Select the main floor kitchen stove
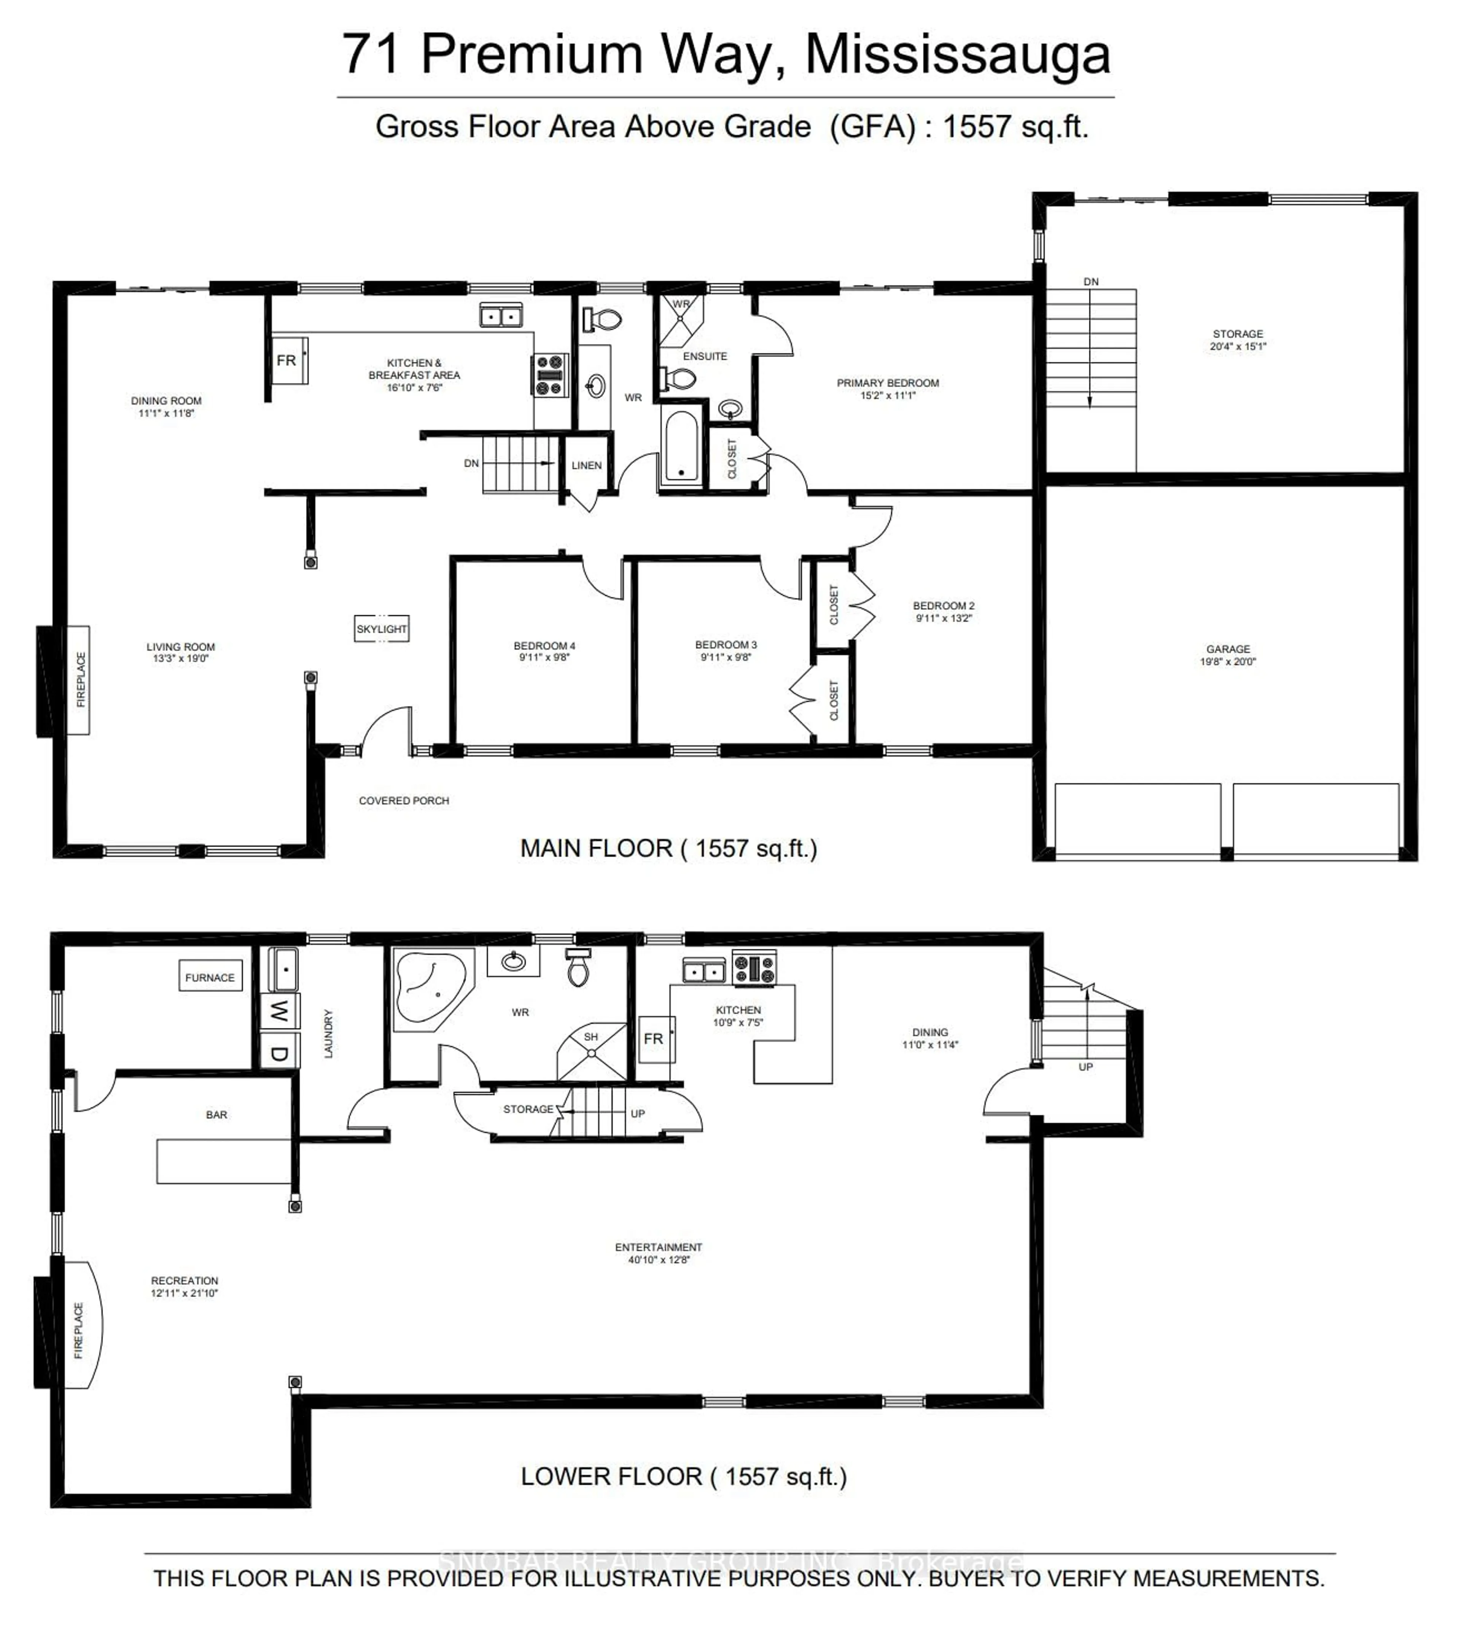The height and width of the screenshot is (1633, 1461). pos(551,375)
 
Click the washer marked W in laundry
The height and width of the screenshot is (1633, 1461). pos(279,1010)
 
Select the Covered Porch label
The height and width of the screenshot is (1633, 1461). pos(404,800)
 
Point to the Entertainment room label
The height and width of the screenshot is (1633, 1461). pos(658,1247)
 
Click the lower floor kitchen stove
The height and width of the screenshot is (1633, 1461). pos(754,968)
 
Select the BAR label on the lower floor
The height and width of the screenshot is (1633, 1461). pos(217,1114)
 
